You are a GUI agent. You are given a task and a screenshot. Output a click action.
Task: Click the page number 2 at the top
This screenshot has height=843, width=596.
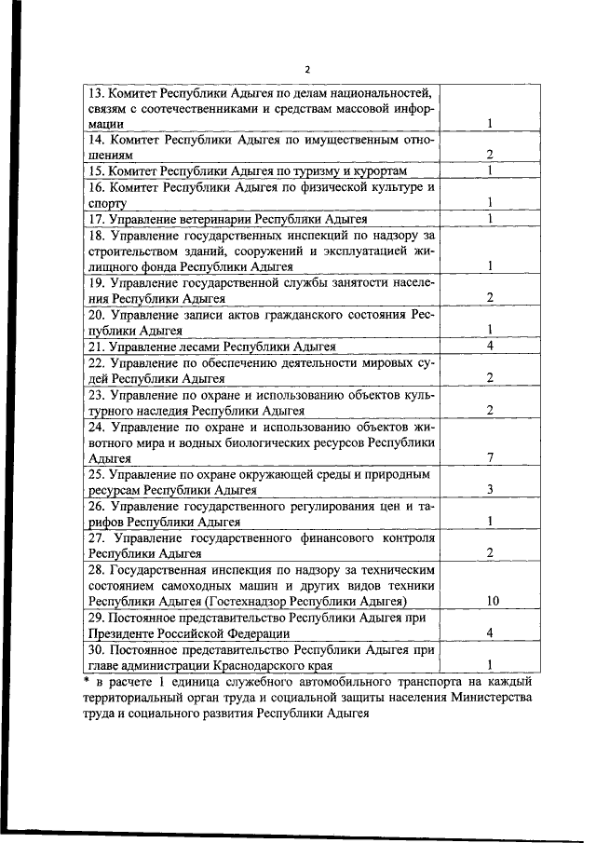tap(306, 70)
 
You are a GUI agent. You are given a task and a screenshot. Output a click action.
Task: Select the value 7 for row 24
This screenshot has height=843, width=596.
tap(490, 457)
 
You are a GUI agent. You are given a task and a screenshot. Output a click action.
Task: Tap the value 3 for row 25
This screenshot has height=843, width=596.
tap(490, 489)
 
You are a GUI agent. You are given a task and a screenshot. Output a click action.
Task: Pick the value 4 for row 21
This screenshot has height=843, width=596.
tap(490, 346)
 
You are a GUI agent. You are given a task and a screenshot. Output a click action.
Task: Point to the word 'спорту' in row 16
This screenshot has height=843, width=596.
tap(106, 202)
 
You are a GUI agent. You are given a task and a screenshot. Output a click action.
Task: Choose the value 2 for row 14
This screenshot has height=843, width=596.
tap(490, 154)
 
